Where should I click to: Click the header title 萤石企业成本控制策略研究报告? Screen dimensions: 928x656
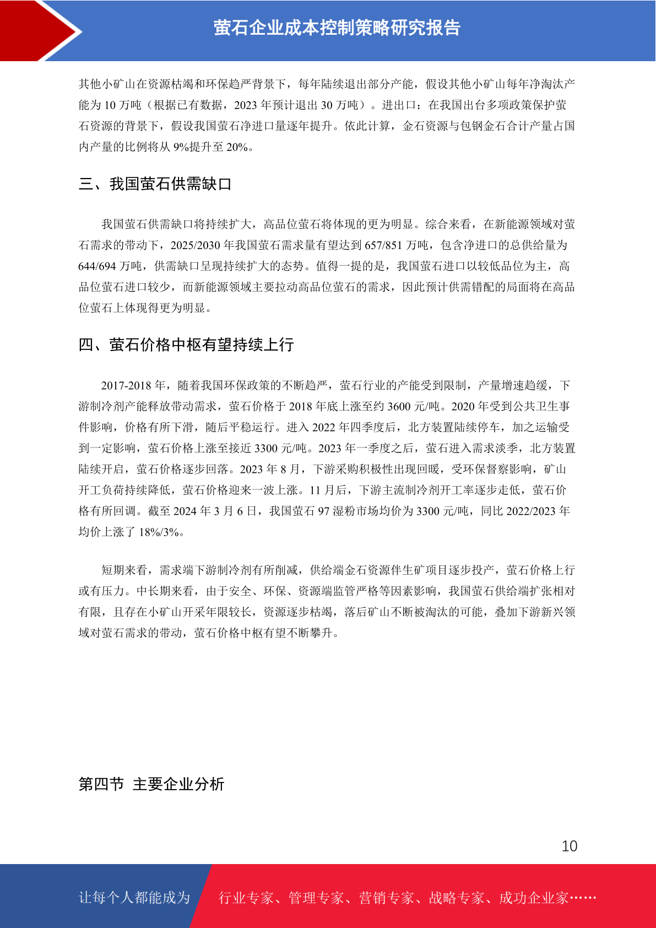337,28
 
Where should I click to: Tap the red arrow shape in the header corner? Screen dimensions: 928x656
41,30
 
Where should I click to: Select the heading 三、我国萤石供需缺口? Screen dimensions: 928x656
155,184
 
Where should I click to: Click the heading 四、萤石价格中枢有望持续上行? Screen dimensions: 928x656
186,345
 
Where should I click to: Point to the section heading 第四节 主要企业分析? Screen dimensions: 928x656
151,784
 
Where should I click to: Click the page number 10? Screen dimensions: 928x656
569,846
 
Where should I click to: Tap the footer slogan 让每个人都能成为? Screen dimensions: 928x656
134,898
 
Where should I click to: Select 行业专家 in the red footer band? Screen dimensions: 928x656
246,898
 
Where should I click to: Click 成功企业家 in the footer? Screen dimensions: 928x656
533,898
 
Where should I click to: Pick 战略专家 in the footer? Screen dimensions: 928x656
457,898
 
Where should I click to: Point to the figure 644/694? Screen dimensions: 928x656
97,266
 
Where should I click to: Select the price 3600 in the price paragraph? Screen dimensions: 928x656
399,407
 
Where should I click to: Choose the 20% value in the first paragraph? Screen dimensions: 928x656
237,147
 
